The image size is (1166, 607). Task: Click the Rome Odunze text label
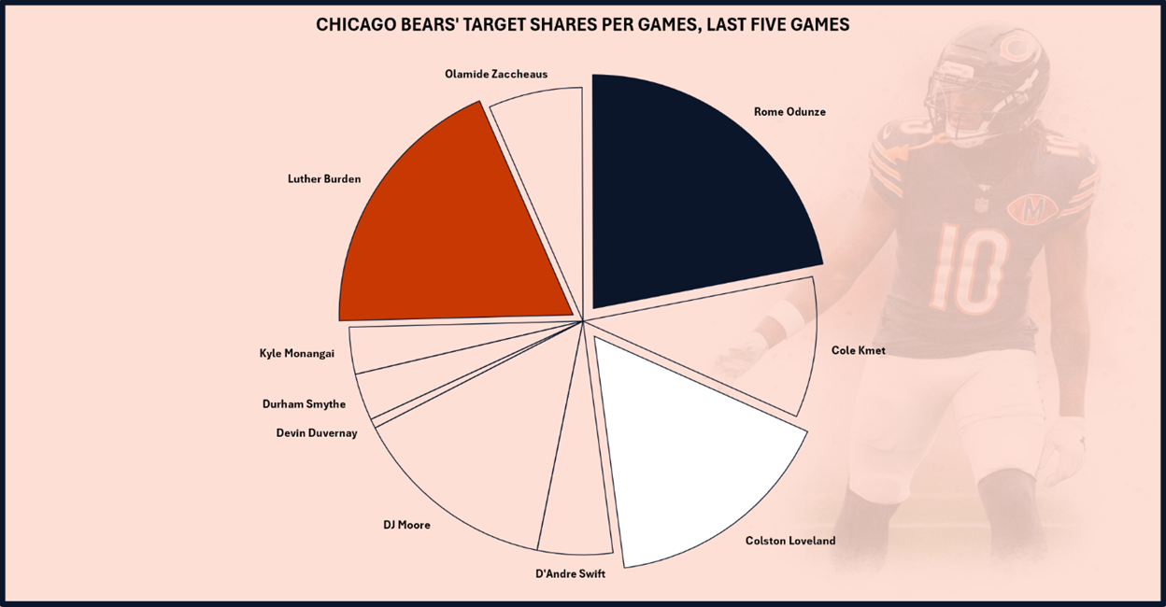[x=789, y=112]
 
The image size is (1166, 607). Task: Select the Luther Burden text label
[x=323, y=178]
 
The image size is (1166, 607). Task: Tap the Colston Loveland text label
[x=790, y=541]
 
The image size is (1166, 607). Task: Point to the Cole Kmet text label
[x=858, y=350]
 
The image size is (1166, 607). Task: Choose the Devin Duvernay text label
[x=317, y=432]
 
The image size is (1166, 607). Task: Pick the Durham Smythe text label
[x=304, y=404]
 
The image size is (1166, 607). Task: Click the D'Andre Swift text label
[x=570, y=573]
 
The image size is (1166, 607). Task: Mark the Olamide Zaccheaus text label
[x=496, y=74]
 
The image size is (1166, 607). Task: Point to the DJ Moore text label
[x=406, y=525]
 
